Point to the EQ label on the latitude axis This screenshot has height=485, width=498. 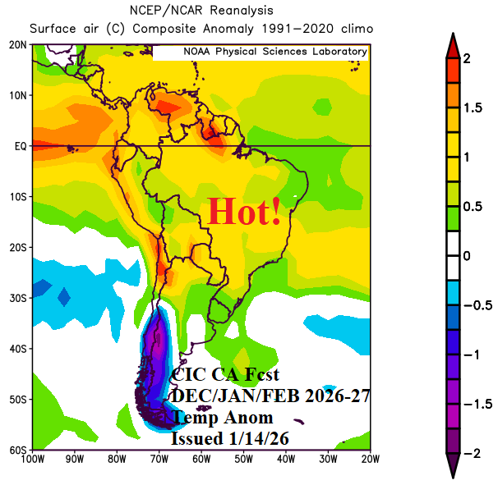21,146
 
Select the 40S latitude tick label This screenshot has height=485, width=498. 18,349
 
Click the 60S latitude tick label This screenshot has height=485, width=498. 18,450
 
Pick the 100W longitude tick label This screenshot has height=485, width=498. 34,460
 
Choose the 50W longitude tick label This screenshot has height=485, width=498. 243,460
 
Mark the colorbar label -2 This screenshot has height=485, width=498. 472,454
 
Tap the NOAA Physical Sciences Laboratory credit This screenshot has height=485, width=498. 274,52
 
